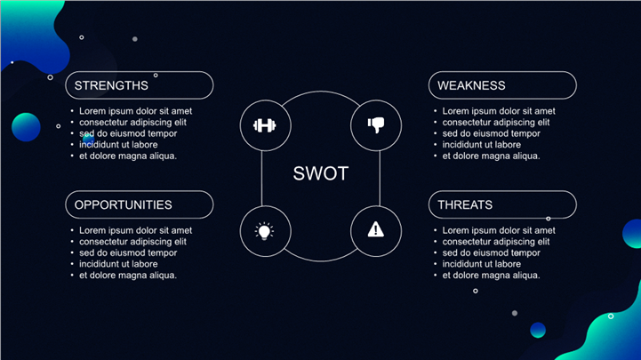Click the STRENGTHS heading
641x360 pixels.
coord(111,85)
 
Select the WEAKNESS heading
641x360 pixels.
coord(471,85)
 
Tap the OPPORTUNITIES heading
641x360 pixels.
coord(123,204)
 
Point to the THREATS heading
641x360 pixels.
coord(465,204)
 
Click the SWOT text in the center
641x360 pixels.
coord(321,174)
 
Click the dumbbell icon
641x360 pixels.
coord(265,125)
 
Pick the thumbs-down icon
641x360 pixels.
coord(376,125)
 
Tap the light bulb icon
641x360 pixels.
coord(265,230)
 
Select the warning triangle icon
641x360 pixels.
coord(376,230)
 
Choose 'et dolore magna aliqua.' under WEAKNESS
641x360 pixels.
coord(492,156)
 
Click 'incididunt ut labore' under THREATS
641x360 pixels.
coord(482,264)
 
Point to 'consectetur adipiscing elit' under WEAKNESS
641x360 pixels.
coord(496,123)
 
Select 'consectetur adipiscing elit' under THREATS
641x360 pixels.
coord(496,242)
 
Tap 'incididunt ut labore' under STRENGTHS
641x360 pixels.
coord(118,145)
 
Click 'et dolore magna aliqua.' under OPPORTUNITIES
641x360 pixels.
coord(128,275)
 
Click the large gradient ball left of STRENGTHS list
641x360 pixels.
coord(27,127)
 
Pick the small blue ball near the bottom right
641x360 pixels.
coord(538,330)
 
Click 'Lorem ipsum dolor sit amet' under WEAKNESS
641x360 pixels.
coord(500,111)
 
